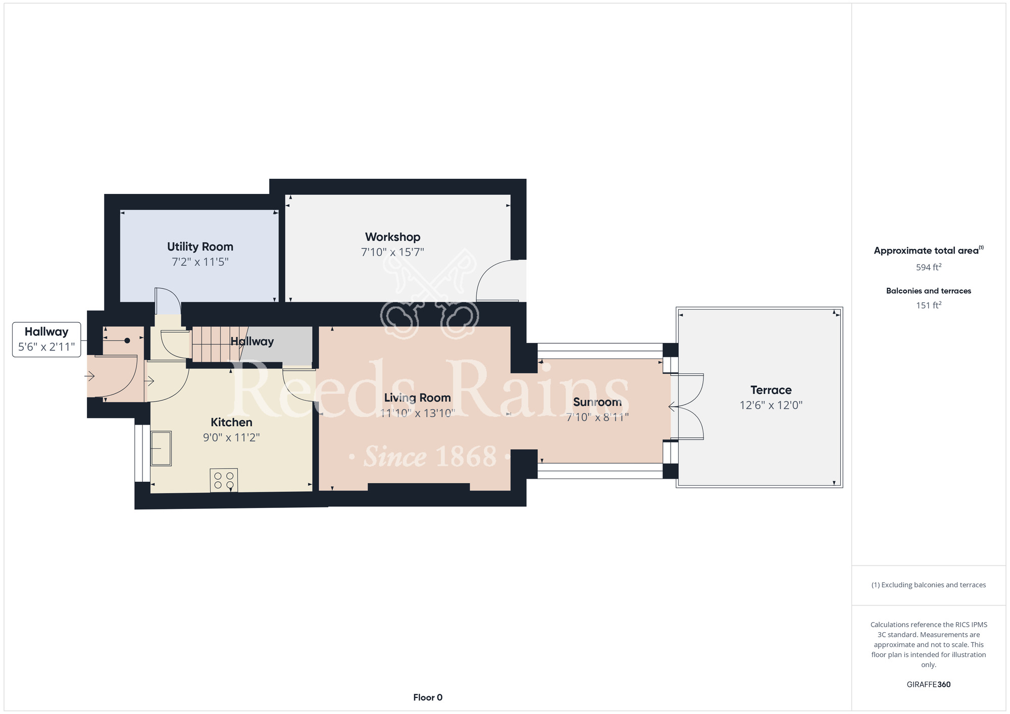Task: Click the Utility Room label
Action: pyautogui.click(x=200, y=247)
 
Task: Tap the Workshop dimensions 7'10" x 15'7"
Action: pyautogui.click(x=392, y=252)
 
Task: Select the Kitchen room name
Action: pyautogui.click(x=231, y=422)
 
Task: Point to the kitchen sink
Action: pyautogui.click(x=161, y=448)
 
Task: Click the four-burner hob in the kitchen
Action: pyautogui.click(x=224, y=480)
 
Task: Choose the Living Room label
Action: pyautogui.click(x=417, y=398)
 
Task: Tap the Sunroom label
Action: pyautogui.click(x=597, y=402)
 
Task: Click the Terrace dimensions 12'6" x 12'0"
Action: pyautogui.click(x=771, y=405)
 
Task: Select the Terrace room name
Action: pyautogui.click(x=771, y=390)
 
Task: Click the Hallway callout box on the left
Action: pyautogui.click(x=46, y=339)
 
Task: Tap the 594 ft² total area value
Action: pyautogui.click(x=928, y=267)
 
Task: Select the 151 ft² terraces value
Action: pyautogui.click(x=928, y=305)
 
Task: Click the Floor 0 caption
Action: pyautogui.click(x=428, y=697)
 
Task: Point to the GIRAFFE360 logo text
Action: pyautogui.click(x=928, y=685)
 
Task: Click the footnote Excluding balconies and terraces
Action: pyautogui.click(x=928, y=585)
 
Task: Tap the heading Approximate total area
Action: pyautogui.click(x=928, y=250)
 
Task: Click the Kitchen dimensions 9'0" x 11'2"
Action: pyautogui.click(x=231, y=437)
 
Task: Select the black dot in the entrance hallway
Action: pyautogui.click(x=127, y=341)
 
